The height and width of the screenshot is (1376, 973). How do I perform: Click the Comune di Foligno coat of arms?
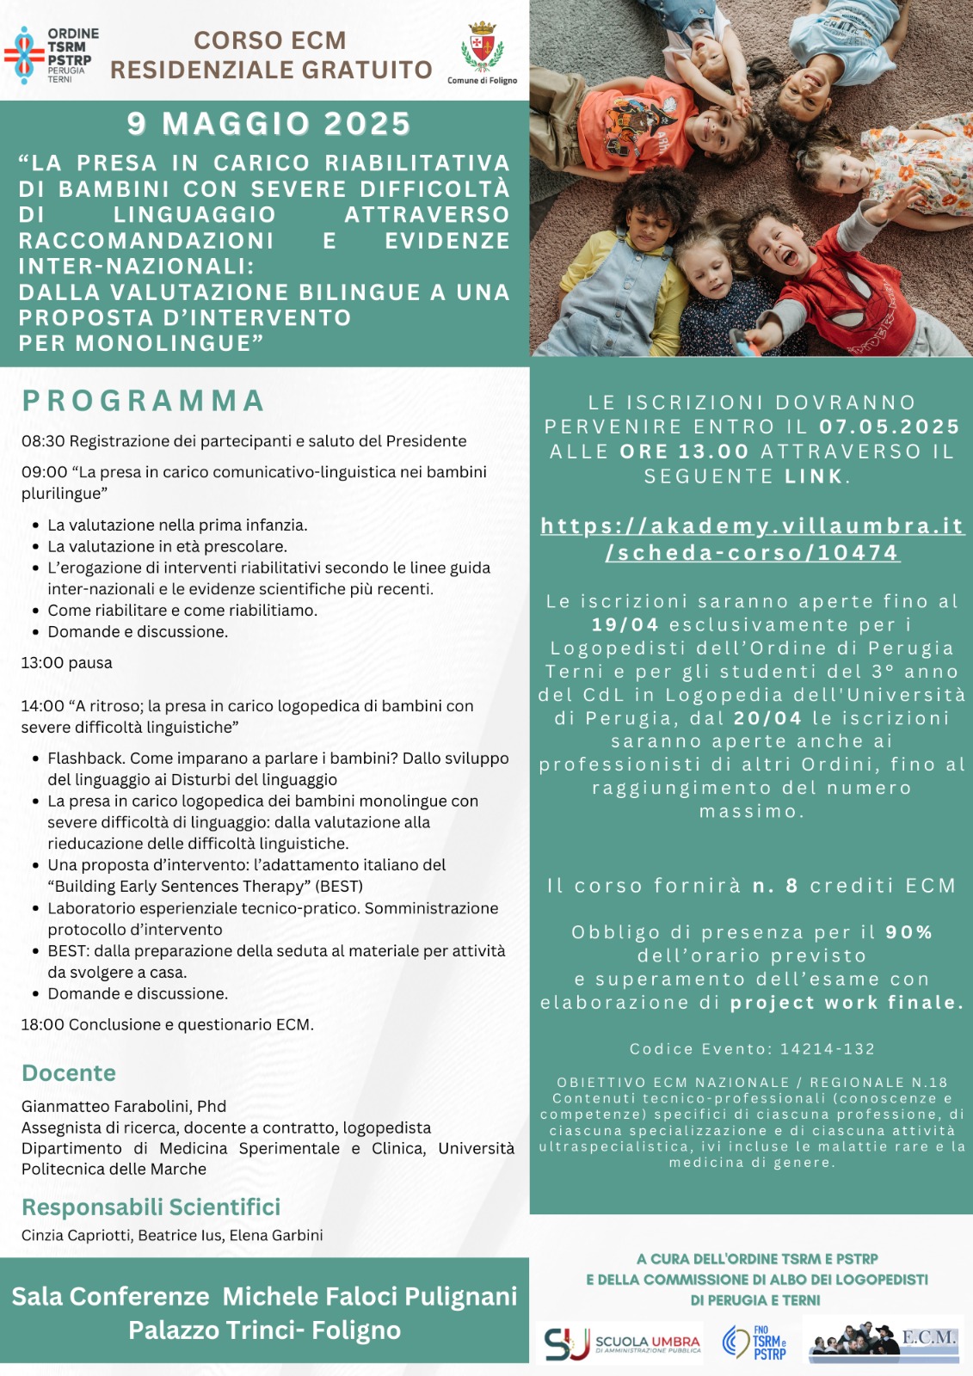482,47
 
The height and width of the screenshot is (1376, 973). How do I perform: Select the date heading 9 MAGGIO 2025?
268,124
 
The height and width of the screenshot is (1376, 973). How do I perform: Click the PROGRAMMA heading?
143,401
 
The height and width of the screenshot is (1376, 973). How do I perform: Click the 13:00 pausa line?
67,663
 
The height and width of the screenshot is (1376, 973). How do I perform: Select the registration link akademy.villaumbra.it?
752,539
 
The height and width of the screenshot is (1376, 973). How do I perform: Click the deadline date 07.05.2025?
889,427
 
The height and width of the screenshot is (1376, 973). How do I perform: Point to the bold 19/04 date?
625,625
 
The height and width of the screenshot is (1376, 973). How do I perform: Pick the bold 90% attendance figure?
909,932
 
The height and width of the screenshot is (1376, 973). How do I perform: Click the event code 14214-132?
827,1049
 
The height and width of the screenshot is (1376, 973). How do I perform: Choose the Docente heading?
69,1073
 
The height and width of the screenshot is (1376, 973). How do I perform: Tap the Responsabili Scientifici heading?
151,1207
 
